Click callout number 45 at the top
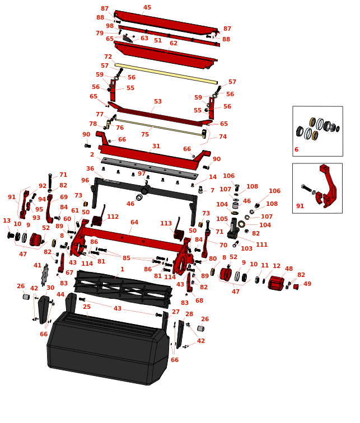(x=147, y=8)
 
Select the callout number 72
(x=108, y=57)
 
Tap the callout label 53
(x=158, y=102)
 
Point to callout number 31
(x=156, y=147)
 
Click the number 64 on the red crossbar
(x=134, y=223)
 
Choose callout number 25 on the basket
(x=87, y=307)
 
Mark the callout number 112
(x=113, y=217)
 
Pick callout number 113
(x=166, y=224)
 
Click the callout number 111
(x=261, y=245)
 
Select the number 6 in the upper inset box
(x=296, y=150)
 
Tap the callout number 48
(x=289, y=269)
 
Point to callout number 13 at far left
(x=7, y=221)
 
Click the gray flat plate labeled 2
(x=149, y=168)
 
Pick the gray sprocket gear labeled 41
(x=45, y=275)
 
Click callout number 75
(x=145, y=135)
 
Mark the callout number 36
(x=90, y=169)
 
